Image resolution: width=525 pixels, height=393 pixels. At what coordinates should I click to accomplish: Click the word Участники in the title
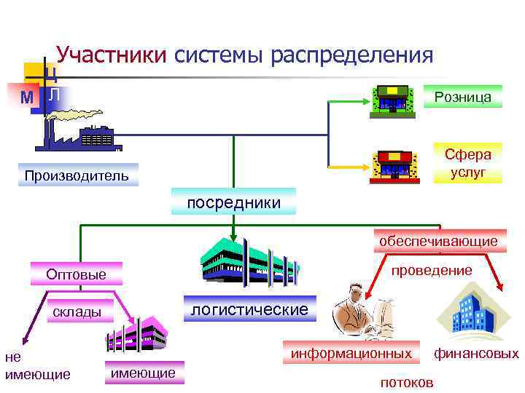click(112, 55)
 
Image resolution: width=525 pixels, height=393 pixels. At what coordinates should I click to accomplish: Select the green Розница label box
click(462, 97)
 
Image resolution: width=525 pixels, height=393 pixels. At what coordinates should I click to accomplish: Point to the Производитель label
click(77, 175)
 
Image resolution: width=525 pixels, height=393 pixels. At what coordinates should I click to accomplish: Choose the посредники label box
click(233, 202)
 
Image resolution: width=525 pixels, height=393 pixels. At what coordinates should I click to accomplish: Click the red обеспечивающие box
click(437, 240)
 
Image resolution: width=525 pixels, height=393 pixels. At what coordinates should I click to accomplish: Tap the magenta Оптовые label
click(76, 274)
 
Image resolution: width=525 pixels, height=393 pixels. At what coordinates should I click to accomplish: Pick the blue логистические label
click(249, 309)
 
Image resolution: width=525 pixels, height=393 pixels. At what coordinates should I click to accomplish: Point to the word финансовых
click(476, 354)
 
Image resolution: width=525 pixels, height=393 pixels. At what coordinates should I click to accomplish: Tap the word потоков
click(407, 382)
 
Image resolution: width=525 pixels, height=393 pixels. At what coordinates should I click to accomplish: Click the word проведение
click(432, 271)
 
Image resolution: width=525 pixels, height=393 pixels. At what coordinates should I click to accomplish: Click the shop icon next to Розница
click(392, 98)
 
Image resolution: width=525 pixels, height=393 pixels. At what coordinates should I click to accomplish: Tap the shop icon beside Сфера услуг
click(394, 166)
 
